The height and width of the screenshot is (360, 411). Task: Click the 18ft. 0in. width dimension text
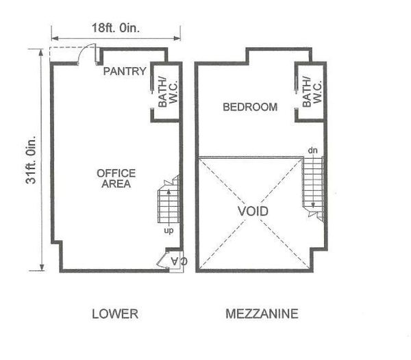pyautogui.click(x=116, y=28)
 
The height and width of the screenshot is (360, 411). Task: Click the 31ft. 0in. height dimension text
pyautogui.click(x=32, y=159)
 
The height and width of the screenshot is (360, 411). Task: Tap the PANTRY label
pyautogui.click(x=125, y=71)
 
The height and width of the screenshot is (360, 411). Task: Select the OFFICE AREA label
pyautogui.click(x=116, y=179)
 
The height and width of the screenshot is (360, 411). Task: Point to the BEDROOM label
pyautogui.click(x=250, y=107)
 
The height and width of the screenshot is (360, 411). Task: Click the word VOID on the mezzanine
pyautogui.click(x=253, y=211)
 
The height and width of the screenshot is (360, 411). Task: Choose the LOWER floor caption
pyautogui.click(x=115, y=313)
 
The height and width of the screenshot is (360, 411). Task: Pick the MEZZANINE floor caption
pyautogui.click(x=262, y=313)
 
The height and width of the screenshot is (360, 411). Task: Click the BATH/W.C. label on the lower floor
pyautogui.click(x=168, y=92)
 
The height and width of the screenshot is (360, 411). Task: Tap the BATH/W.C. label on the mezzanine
pyautogui.click(x=312, y=92)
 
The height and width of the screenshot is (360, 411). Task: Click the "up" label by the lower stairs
pyautogui.click(x=169, y=231)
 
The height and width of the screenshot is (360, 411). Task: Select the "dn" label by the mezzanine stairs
pyautogui.click(x=313, y=151)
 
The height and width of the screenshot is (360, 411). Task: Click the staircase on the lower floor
pyautogui.click(x=169, y=200)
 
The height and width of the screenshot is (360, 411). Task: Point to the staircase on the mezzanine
pyautogui.click(x=313, y=188)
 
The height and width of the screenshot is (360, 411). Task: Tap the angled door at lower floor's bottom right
pyautogui.click(x=162, y=260)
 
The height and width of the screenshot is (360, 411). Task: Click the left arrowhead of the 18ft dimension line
pyautogui.click(x=55, y=38)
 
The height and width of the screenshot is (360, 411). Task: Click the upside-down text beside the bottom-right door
pyautogui.click(x=179, y=261)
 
